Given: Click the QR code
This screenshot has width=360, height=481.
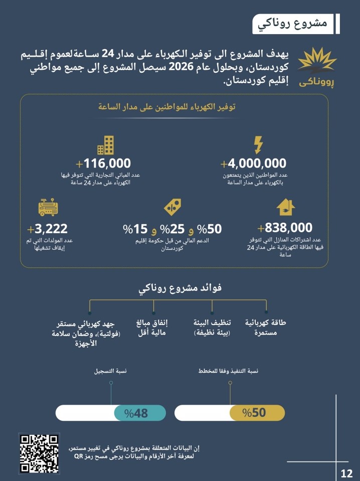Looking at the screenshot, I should [x=39, y=453].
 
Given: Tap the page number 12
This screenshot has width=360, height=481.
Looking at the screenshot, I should [x=346, y=473].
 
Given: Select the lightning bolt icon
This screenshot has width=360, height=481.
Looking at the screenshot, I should [x=258, y=145].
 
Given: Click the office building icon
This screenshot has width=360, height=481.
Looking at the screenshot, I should [x=105, y=145].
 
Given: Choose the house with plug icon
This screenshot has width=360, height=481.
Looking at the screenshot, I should [x=285, y=207].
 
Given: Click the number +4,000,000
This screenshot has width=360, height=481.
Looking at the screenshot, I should [x=254, y=164].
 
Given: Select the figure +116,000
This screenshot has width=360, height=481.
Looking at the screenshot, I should [x=103, y=164].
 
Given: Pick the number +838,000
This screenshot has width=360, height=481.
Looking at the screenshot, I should [x=285, y=227].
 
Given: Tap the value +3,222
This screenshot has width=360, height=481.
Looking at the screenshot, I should [x=48, y=229].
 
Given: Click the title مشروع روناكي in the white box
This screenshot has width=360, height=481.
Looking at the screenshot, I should [x=293, y=24].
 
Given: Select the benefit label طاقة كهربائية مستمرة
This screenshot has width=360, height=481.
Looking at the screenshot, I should [x=265, y=328].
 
